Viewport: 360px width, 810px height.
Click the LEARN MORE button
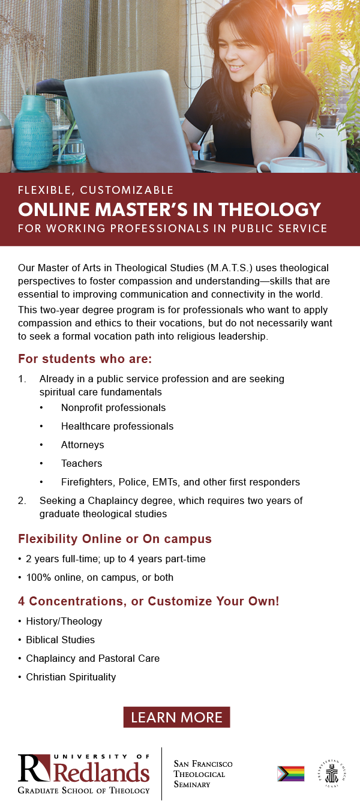176,717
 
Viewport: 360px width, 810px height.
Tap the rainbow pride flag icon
290,773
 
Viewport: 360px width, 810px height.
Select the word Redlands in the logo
101,772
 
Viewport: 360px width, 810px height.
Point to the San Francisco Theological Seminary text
203,773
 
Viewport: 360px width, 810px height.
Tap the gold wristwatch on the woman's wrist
261,91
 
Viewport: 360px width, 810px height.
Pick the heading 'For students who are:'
85,359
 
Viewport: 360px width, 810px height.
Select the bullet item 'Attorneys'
82,445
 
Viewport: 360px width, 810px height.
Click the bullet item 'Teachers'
82,463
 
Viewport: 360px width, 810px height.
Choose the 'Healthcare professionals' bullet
117,426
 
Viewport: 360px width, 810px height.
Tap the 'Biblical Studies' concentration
60,640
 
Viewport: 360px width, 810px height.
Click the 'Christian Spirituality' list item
71,677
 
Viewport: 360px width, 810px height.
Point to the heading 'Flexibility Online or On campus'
115,539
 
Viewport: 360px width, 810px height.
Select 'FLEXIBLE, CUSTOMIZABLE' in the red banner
96,190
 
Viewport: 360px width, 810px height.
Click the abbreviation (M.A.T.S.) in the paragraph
227,267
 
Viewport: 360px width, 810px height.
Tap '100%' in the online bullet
37,577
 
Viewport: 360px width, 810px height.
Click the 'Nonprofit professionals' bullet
113,407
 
